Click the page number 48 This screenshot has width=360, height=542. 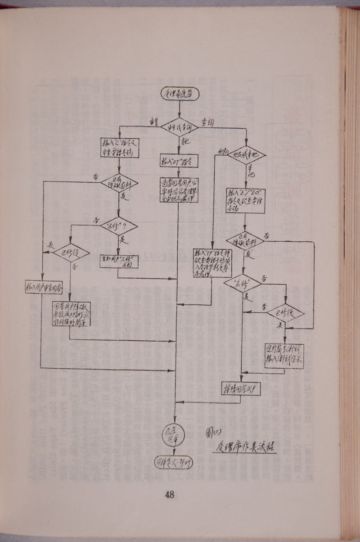(170, 495)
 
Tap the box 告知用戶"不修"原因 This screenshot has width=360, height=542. (119, 261)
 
